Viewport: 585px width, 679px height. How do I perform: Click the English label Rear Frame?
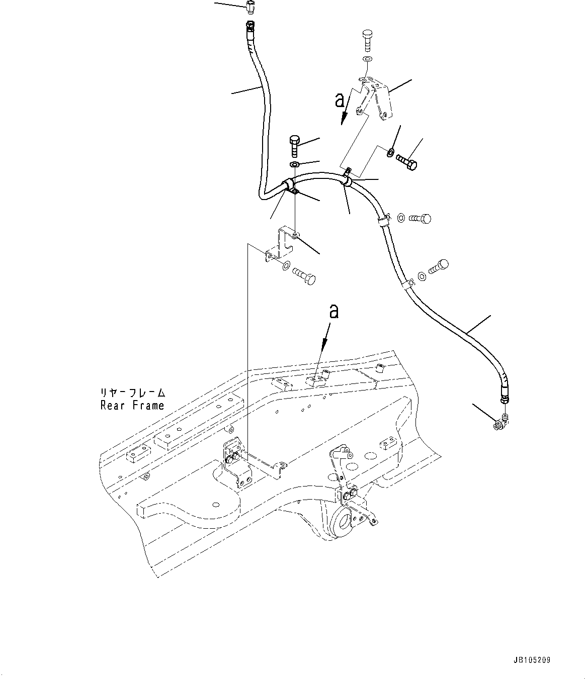tap(132, 406)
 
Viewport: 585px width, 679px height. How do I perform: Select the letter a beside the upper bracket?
tap(341, 101)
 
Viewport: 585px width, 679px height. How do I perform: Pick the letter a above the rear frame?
tap(333, 311)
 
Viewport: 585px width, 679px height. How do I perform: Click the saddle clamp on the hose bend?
tap(290, 186)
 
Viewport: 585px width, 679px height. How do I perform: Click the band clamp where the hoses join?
tap(348, 181)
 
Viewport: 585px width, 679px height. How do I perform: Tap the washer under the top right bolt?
tap(368, 60)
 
